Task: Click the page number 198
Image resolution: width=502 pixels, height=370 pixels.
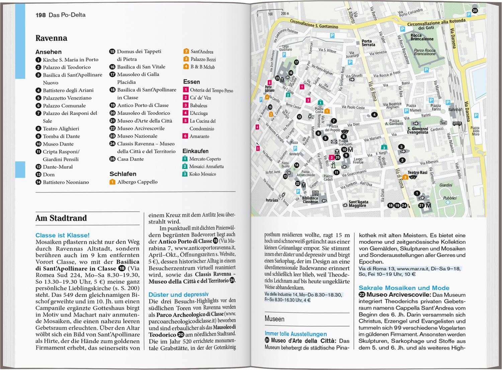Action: pyautogui.click(x=41, y=15)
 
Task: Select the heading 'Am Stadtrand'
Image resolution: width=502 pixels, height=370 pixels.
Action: pyautogui.click(x=61, y=218)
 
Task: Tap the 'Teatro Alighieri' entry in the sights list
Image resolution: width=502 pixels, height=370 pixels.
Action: pyautogui.click(x=61, y=129)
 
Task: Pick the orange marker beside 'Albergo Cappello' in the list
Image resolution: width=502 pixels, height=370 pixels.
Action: pyautogui.click(x=112, y=182)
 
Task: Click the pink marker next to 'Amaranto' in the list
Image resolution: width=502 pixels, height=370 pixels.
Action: pyautogui.click(x=185, y=136)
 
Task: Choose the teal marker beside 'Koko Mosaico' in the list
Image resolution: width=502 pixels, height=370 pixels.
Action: pyautogui.click(x=185, y=174)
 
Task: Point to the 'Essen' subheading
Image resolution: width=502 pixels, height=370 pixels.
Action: pyautogui.click(x=191, y=82)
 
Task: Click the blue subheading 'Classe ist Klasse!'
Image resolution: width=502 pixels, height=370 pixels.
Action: pyautogui.click(x=62, y=235)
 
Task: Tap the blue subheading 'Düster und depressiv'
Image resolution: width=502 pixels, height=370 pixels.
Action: pyautogui.click(x=178, y=295)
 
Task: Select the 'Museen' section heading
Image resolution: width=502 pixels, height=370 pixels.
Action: pyautogui.click(x=274, y=319)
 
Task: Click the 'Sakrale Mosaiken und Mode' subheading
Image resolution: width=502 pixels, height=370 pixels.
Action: pyautogui.click(x=404, y=288)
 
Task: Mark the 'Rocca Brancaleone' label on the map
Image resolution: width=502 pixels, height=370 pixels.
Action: pyautogui.click(x=422, y=37)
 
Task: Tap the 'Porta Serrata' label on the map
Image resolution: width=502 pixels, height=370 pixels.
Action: pyautogui.click(x=368, y=43)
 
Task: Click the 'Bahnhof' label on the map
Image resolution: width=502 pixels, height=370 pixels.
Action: pyautogui.click(x=455, y=109)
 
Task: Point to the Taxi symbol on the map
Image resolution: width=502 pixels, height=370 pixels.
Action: pyautogui.click(x=443, y=123)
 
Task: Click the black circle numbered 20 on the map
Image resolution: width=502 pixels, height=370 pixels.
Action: pyautogui.click(x=475, y=11)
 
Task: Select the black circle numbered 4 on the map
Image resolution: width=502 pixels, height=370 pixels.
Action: pyautogui.click(x=374, y=115)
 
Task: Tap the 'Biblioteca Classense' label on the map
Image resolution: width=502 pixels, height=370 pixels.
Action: pyautogui.click(x=310, y=200)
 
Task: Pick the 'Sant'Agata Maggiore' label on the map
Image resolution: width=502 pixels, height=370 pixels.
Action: pyautogui.click(x=358, y=204)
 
